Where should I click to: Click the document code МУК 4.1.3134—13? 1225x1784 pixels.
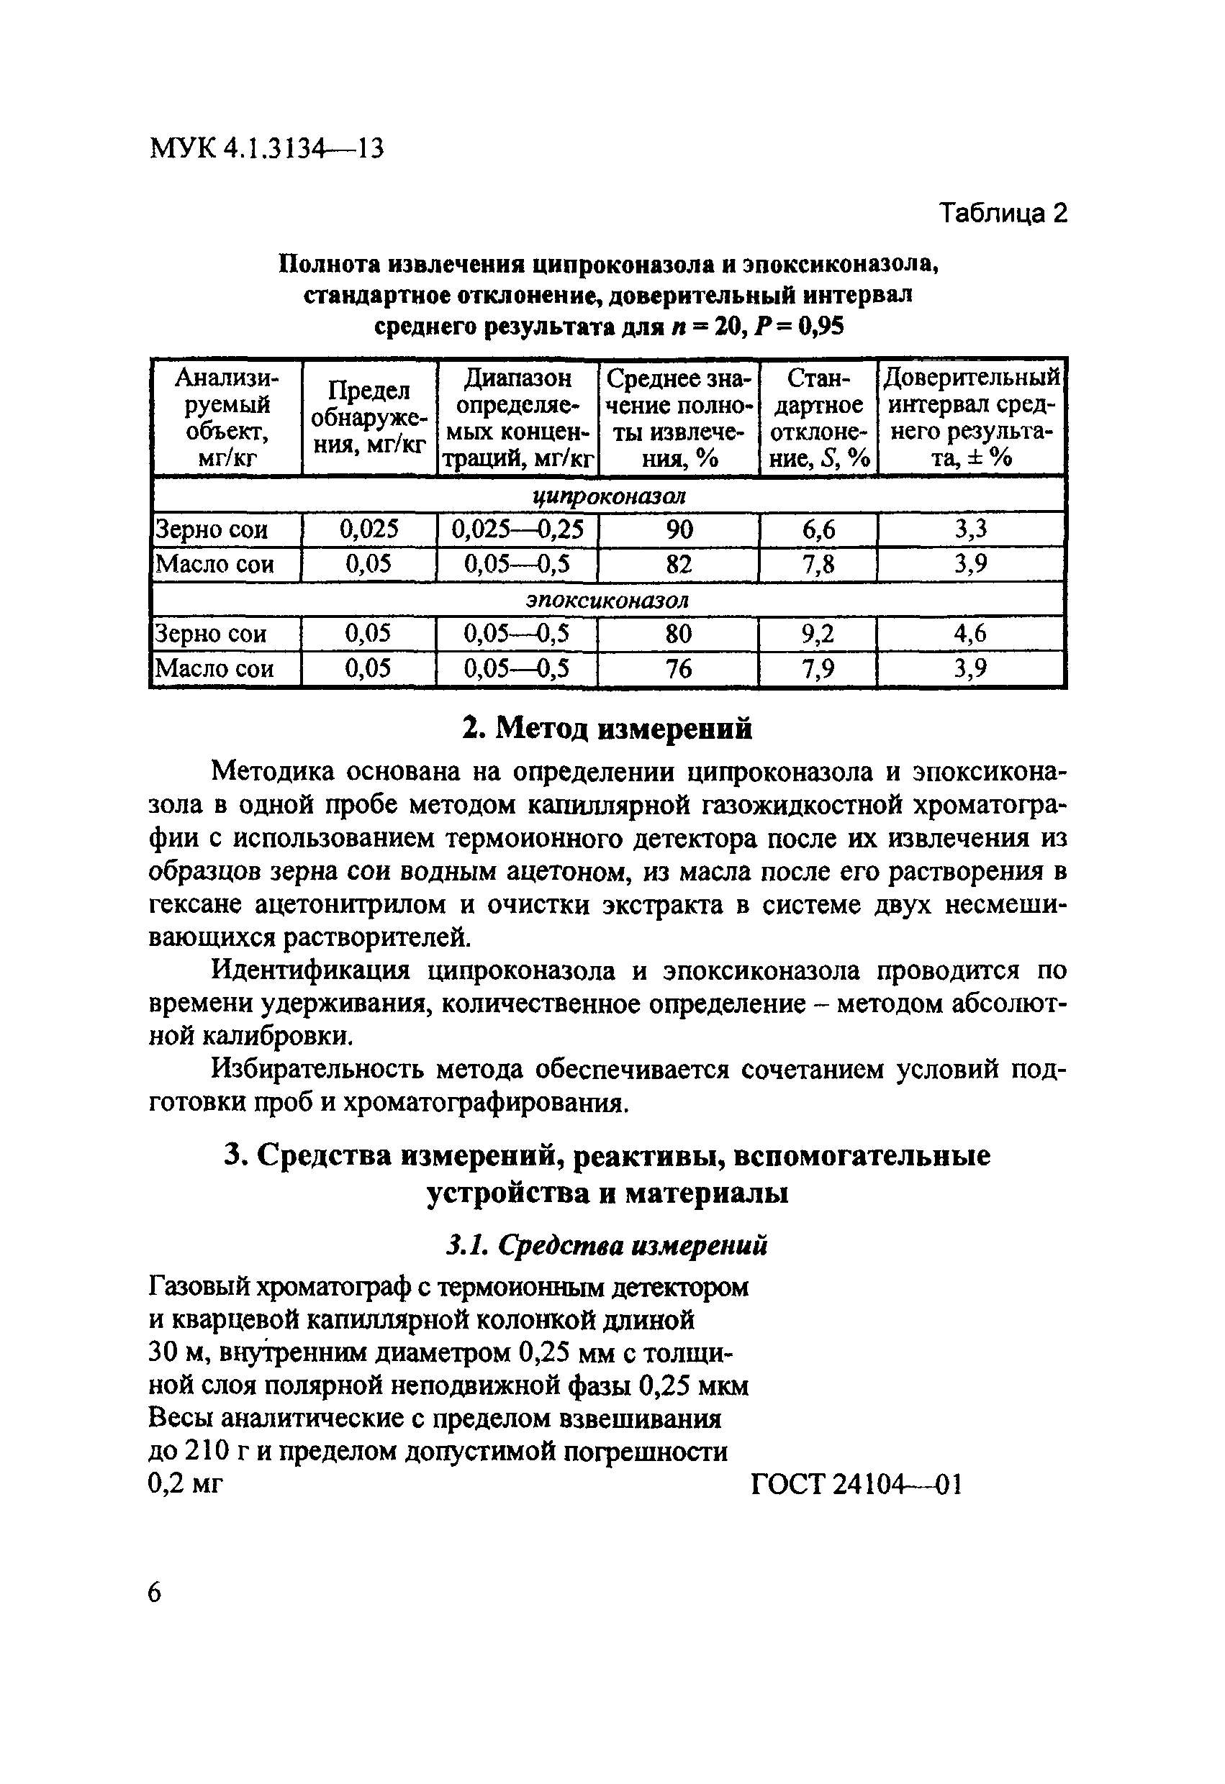(x=266, y=147)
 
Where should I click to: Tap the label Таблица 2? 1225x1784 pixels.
(x=1003, y=213)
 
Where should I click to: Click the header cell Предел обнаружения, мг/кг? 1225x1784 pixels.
(x=369, y=418)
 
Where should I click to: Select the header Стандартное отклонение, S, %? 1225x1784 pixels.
(x=819, y=418)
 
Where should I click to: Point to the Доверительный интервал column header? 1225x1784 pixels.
(x=971, y=418)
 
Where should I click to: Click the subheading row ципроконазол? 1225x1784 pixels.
(x=608, y=496)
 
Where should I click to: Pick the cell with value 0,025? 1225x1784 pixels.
(x=369, y=529)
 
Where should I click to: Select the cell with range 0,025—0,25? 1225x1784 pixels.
(x=517, y=529)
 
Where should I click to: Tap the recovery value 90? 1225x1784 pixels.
(x=679, y=529)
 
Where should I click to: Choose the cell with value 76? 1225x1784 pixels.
(x=678, y=668)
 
